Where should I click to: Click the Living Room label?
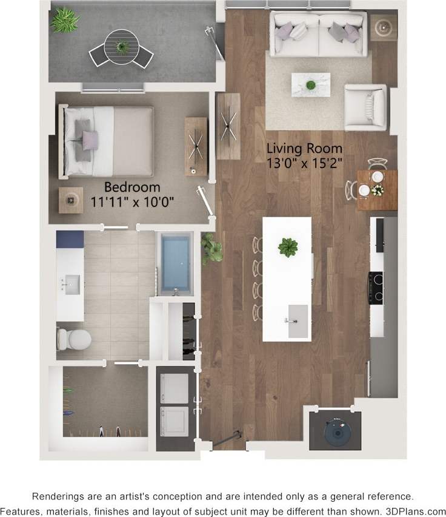pyautogui.click(x=305, y=148)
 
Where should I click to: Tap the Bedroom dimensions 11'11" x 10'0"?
pyautogui.click(x=132, y=202)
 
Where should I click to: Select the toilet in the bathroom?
pyautogui.click(x=74, y=339)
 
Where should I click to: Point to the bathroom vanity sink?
pyautogui.click(x=72, y=284)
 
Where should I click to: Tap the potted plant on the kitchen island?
pyautogui.click(x=288, y=247)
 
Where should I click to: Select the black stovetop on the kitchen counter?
pyautogui.click(x=376, y=287)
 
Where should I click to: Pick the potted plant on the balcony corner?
pyautogui.click(x=64, y=21)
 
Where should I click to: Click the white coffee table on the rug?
pyautogui.click(x=311, y=84)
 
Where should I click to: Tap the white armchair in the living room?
pyautogui.click(x=365, y=107)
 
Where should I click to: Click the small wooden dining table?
pyautogui.click(x=377, y=189)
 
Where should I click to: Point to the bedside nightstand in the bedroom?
pyautogui.click(x=71, y=199)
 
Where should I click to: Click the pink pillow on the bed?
pyautogui.click(x=90, y=140)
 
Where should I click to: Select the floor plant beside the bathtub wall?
pyautogui.click(x=211, y=248)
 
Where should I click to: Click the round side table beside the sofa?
pyautogui.click(x=383, y=27)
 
